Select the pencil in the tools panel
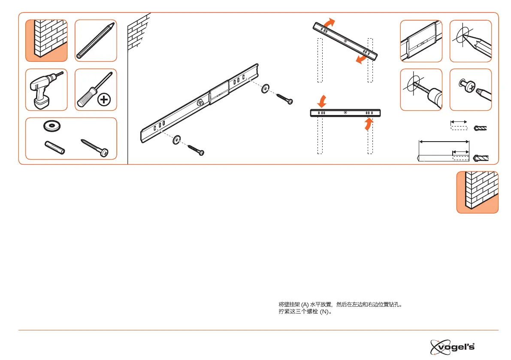pos(95,40)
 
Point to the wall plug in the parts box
pos(54,148)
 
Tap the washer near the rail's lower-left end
pos(177,141)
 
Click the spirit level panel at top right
pos(421,41)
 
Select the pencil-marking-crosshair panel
pos(470,41)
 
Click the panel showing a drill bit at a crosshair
pos(421,89)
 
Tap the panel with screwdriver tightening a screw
pos(470,89)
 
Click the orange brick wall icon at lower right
pos(477,192)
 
